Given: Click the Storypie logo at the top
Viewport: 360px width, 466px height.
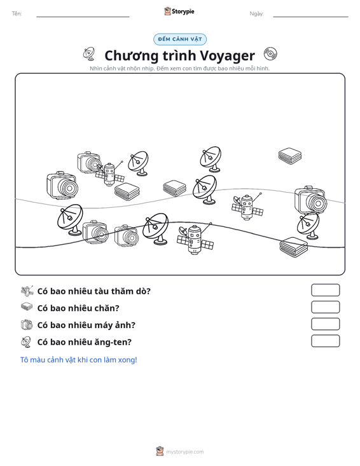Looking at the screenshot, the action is (179, 11).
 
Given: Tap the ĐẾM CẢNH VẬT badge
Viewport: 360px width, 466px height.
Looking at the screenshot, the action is (180, 39).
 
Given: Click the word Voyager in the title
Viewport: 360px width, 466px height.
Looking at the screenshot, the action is (227, 55).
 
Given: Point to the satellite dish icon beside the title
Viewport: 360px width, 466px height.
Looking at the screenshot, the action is (89, 54).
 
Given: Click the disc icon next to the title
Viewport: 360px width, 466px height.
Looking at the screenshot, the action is (270, 54).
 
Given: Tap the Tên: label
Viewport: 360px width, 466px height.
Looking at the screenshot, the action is (17, 14).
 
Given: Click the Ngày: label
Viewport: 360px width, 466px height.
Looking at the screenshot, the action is (256, 14).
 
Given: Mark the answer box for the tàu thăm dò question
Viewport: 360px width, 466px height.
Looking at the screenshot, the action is (325, 290).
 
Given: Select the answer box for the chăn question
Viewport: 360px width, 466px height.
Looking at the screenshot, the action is (325, 307).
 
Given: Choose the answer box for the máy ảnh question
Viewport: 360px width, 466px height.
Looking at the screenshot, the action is (325, 324).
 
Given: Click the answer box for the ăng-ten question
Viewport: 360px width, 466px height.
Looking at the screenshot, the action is (325, 341).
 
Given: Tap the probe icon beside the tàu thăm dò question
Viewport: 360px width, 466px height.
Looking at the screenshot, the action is (27, 291).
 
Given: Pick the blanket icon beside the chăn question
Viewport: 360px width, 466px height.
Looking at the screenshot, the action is (27, 306).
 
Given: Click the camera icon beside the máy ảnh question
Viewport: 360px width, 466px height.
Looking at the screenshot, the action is (27, 324).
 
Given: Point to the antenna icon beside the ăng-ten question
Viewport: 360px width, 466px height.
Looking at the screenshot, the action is (26, 342).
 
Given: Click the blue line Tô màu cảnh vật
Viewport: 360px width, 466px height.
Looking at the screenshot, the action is (78, 360).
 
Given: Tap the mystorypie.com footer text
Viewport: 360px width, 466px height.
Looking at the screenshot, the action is (184, 452).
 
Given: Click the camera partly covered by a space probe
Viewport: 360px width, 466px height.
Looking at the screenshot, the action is (88, 162).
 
